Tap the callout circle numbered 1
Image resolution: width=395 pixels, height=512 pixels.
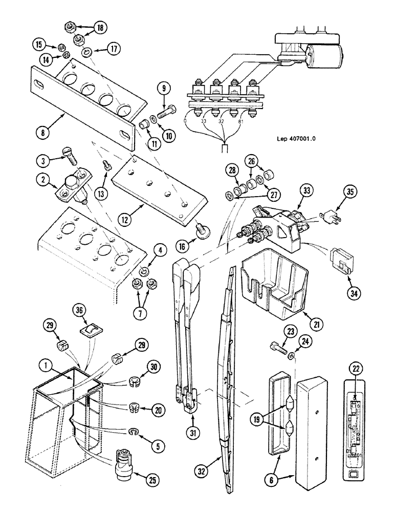pyautogui.click(x=47, y=367)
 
